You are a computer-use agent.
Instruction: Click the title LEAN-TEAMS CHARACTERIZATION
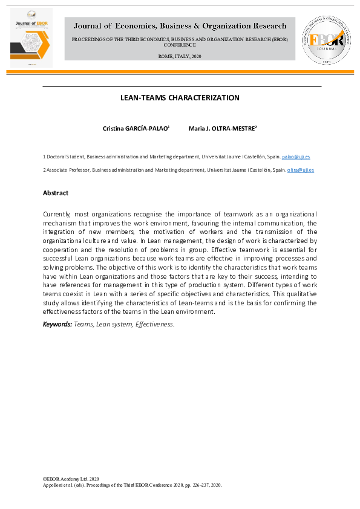pyautogui.click(x=180, y=98)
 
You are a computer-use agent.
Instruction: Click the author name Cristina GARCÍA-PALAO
pyautogui.click(x=137, y=129)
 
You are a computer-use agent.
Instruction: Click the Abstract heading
pyautogui.click(x=56, y=193)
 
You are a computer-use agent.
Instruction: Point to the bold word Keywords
pyautogui.click(x=57, y=325)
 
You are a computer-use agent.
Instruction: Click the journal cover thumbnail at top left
pyautogui.click(x=31, y=37)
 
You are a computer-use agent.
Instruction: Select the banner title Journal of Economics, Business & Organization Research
pyautogui.click(x=180, y=26)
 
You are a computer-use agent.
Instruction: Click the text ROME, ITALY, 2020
pyautogui.click(x=180, y=56)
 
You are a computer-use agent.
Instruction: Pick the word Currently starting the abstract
pyautogui.click(x=56, y=215)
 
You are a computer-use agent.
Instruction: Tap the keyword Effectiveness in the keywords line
pyautogui.click(x=156, y=325)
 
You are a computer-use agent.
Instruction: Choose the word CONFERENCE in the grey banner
pyautogui.click(x=180, y=45)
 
